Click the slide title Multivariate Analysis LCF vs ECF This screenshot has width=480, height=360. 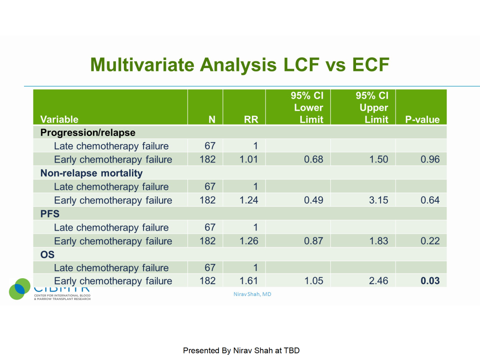240,65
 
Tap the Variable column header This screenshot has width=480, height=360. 59,119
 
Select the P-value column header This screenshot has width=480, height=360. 422,119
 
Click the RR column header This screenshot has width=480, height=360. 251,119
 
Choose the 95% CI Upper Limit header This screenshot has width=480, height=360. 372,108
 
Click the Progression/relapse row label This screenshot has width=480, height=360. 88,132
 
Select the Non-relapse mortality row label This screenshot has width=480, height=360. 91,173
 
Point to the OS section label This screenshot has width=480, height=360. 48,255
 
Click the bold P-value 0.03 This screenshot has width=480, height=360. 430,281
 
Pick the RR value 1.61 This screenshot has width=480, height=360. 248,281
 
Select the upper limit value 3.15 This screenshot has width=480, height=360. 378,200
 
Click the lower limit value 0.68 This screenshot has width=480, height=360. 313,159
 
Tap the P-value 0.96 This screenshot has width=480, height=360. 430,159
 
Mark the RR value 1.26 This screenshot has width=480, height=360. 248,241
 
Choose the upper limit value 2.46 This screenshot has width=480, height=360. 378,281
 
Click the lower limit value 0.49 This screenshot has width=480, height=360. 313,200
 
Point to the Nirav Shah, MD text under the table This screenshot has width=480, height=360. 252,294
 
